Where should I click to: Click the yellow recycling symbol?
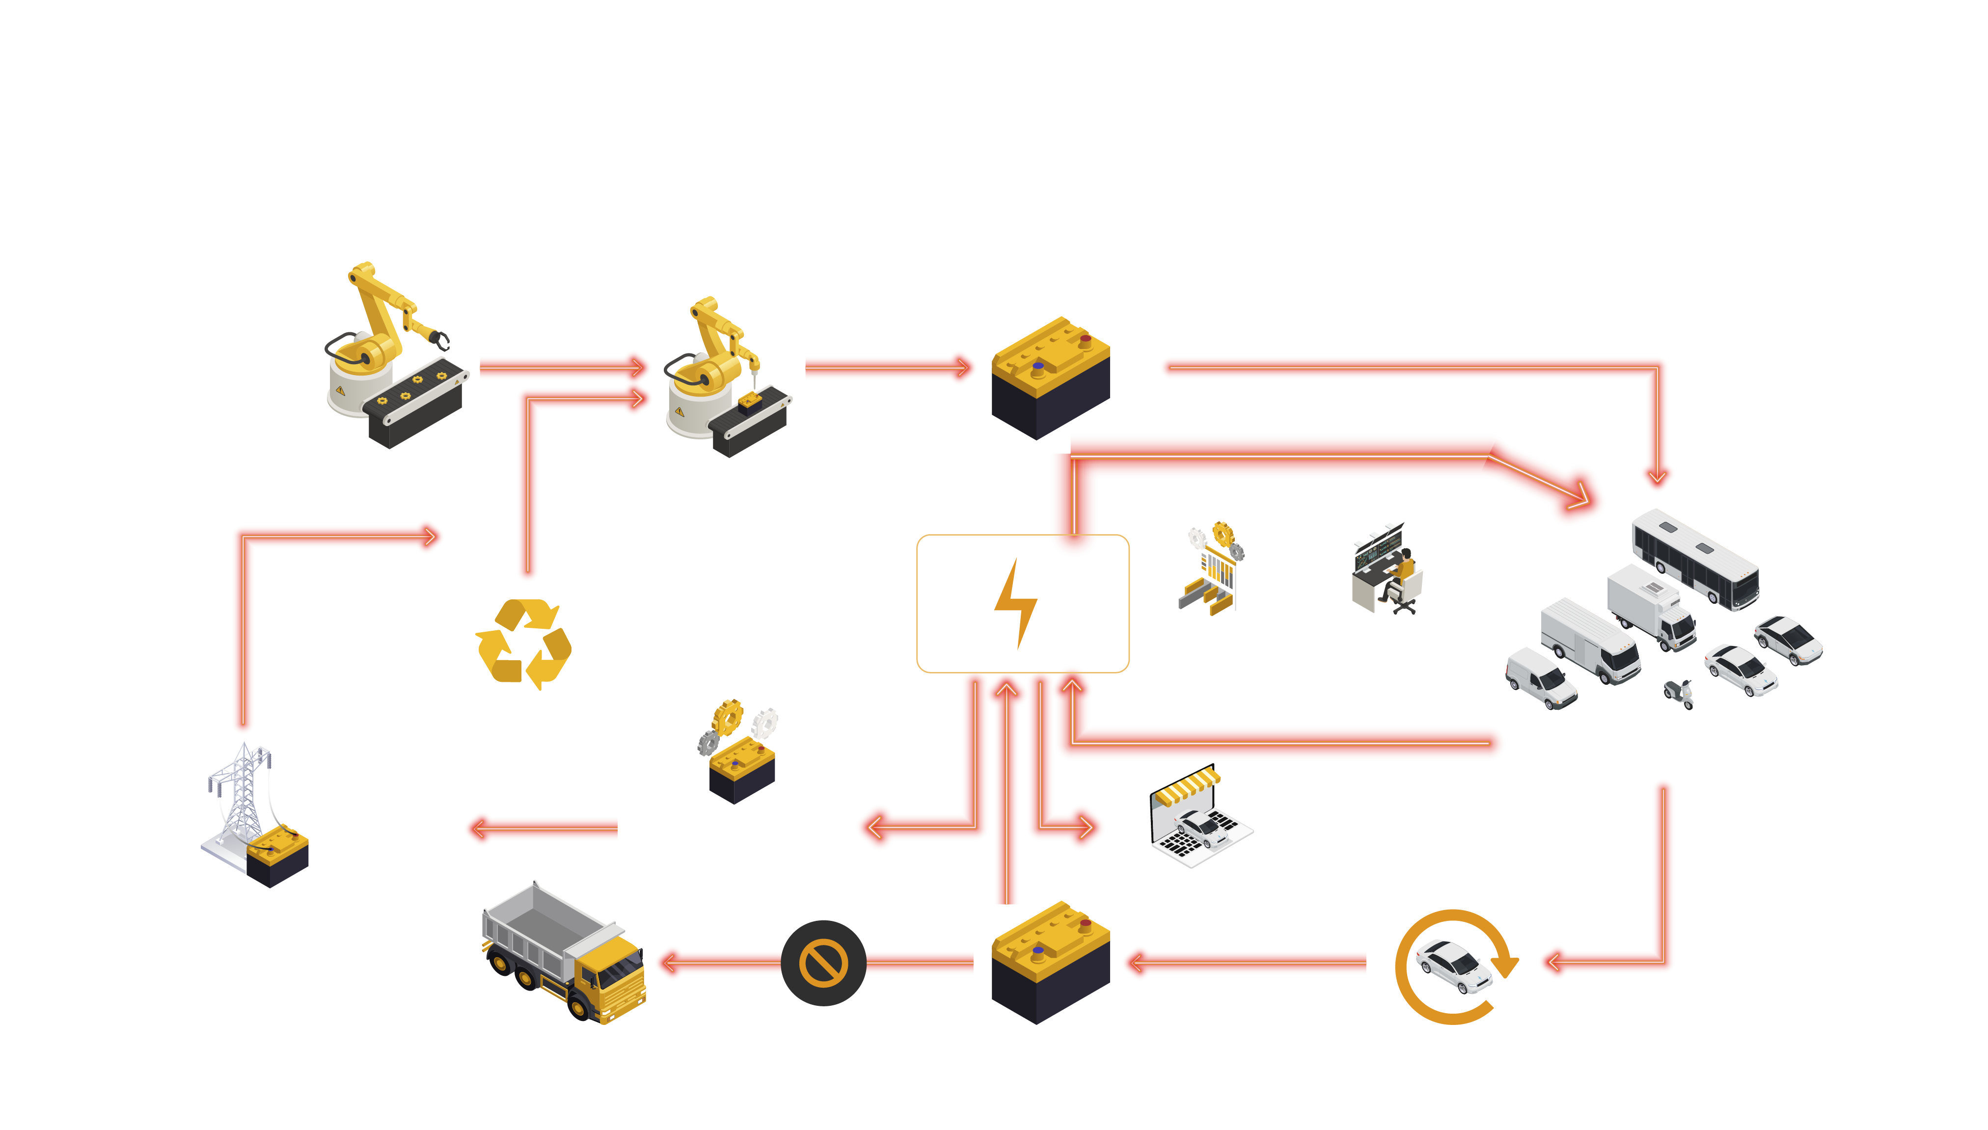pyautogui.click(x=523, y=644)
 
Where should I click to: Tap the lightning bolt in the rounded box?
pyautogui.click(x=1015, y=604)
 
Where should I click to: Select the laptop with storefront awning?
pyautogui.click(x=1199, y=819)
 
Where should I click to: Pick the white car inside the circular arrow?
pyautogui.click(x=1452, y=966)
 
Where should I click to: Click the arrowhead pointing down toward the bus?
pyautogui.click(x=1657, y=476)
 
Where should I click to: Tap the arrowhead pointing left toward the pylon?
pyautogui.click(x=477, y=829)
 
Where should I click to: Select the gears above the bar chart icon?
pyautogui.click(x=1216, y=536)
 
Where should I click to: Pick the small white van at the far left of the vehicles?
pyautogui.click(x=1540, y=679)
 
